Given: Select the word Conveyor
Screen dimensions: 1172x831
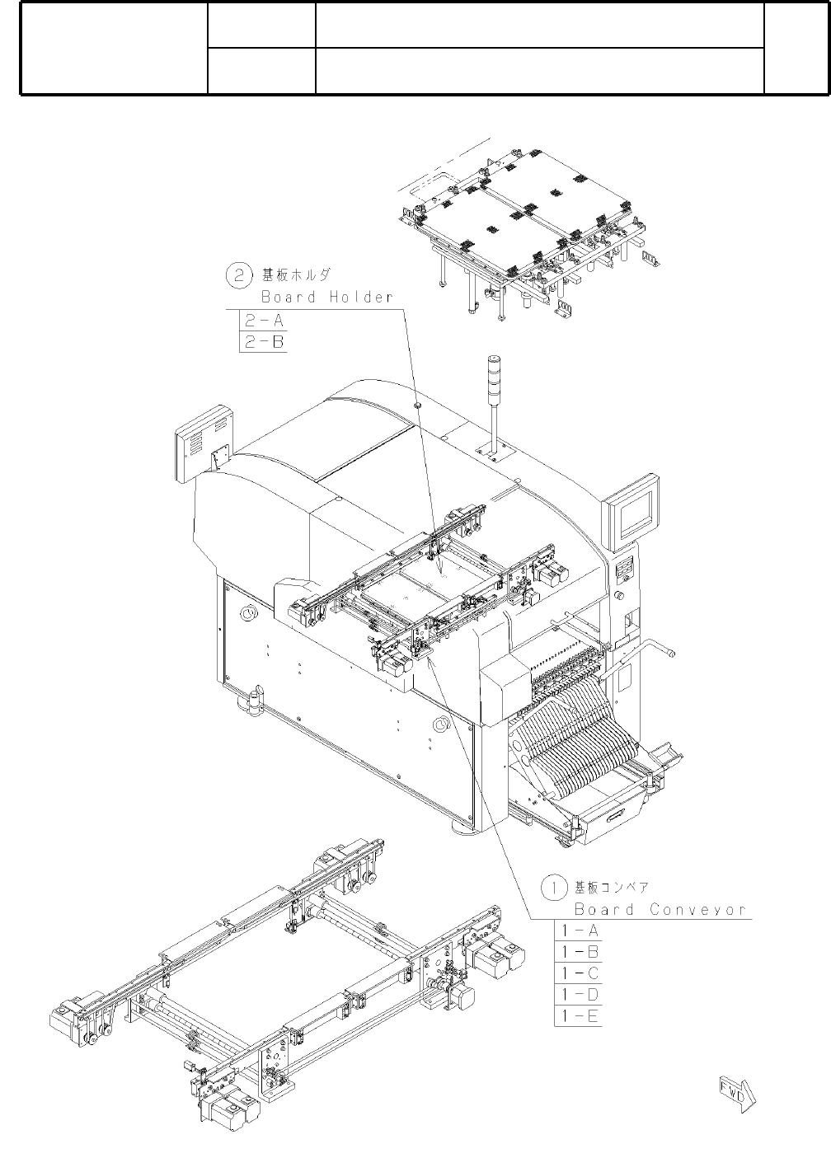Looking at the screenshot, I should tap(698, 910).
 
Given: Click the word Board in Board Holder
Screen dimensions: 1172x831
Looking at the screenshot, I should tap(288, 297).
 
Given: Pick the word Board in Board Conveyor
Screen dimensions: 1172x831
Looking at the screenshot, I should tap(603, 910).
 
